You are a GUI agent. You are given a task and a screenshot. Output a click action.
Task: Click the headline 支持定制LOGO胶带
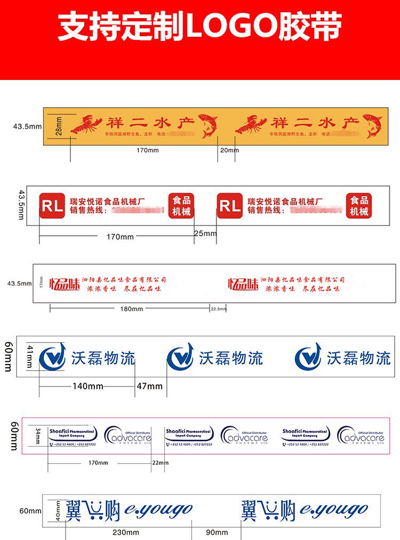(x=199, y=27)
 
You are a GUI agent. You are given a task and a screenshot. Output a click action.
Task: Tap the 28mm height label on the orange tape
(x=59, y=126)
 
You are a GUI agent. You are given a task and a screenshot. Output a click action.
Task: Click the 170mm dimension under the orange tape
(x=148, y=150)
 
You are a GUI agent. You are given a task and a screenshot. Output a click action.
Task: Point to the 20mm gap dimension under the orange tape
(x=230, y=150)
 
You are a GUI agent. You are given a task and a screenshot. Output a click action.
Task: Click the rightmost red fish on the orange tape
(x=372, y=125)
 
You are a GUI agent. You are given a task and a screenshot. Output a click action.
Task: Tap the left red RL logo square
(x=52, y=206)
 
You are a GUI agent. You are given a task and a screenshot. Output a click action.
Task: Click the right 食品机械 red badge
(x=359, y=206)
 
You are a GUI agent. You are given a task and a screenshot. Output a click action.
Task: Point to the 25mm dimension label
(x=205, y=233)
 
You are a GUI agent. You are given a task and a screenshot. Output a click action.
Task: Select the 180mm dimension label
(x=131, y=309)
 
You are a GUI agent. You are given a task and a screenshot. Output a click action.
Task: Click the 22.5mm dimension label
(x=219, y=309)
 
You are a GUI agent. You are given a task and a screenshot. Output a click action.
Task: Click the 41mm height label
(x=30, y=356)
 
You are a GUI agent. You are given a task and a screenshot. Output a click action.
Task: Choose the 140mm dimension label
(x=88, y=386)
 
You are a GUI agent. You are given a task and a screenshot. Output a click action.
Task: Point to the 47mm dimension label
(x=150, y=386)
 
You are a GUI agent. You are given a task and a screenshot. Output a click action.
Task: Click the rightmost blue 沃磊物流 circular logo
(x=308, y=357)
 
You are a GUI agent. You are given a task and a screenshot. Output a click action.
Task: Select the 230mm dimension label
(x=126, y=532)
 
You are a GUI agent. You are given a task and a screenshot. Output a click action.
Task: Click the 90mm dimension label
(x=217, y=532)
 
